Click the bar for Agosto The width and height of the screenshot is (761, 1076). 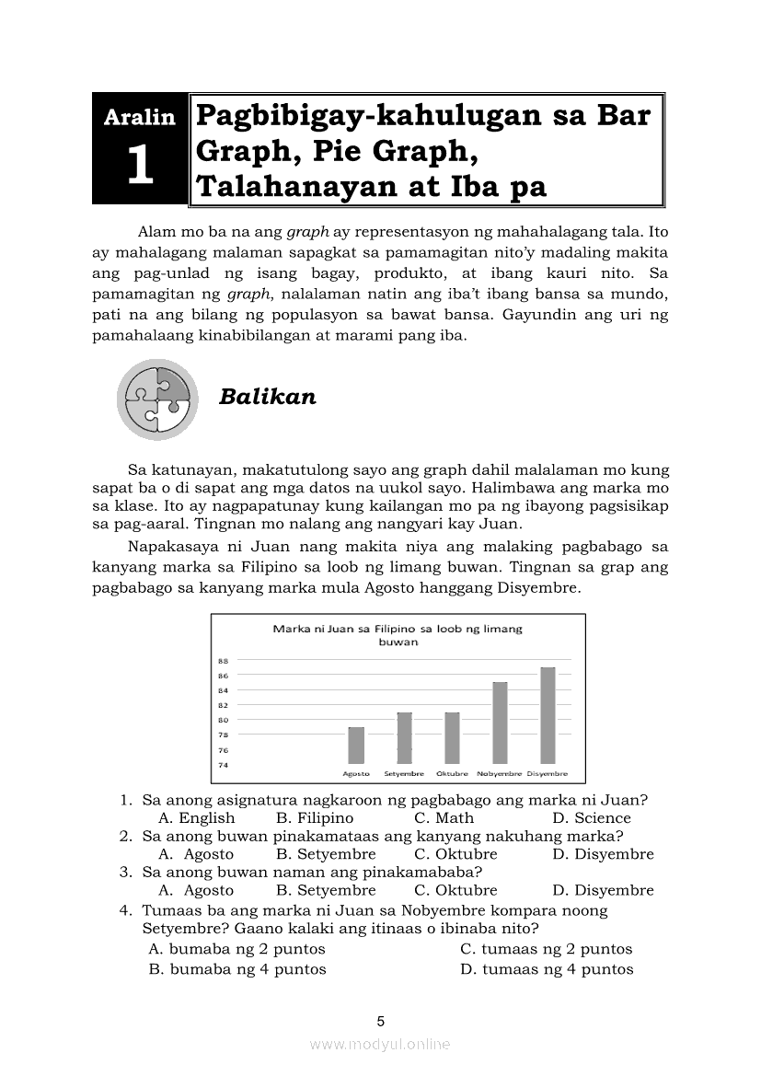tap(356, 746)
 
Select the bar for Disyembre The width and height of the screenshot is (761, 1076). tap(548, 715)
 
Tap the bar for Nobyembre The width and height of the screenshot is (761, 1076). tap(500, 723)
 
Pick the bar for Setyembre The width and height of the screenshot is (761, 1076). tap(404, 737)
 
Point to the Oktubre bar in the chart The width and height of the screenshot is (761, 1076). tap(452, 737)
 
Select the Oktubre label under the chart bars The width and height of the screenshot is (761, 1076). tap(452, 774)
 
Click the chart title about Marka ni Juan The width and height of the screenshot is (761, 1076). tap(398, 635)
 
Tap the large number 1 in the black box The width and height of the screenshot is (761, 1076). tap(140, 167)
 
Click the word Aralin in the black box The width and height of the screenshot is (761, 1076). tap(140, 117)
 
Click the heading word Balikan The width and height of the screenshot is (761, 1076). tap(268, 397)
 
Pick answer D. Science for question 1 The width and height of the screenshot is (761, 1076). tap(591, 818)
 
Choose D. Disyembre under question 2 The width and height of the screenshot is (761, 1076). tap(603, 854)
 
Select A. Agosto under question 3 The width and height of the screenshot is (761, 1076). tap(196, 890)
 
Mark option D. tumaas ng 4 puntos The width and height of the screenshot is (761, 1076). tap(547, 969)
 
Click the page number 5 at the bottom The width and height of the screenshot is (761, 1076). tap(380, 1021)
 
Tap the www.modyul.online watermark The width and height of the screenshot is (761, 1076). tap(380, 1045)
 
